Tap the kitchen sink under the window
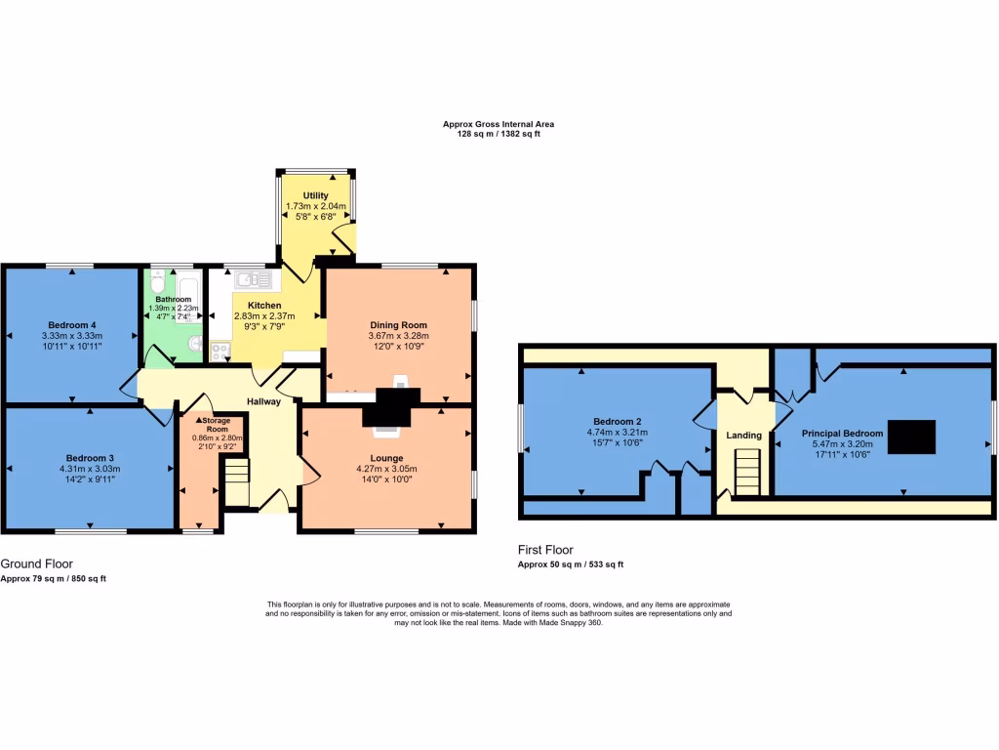coord(247,279)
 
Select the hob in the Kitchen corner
coord(220,351)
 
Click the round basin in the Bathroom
coord(194,344)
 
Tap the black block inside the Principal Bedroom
coord(915,434)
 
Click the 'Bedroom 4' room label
coord(72,325)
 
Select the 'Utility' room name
coord(315,196)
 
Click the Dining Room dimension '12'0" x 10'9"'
coord(398,347)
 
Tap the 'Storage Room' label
coord(210,424)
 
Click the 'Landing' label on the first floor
coord(745,436)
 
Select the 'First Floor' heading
coord(545,550)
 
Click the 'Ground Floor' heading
coord(37,563)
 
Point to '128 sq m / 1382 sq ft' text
coord(499,134)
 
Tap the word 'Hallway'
coord(263,401)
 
